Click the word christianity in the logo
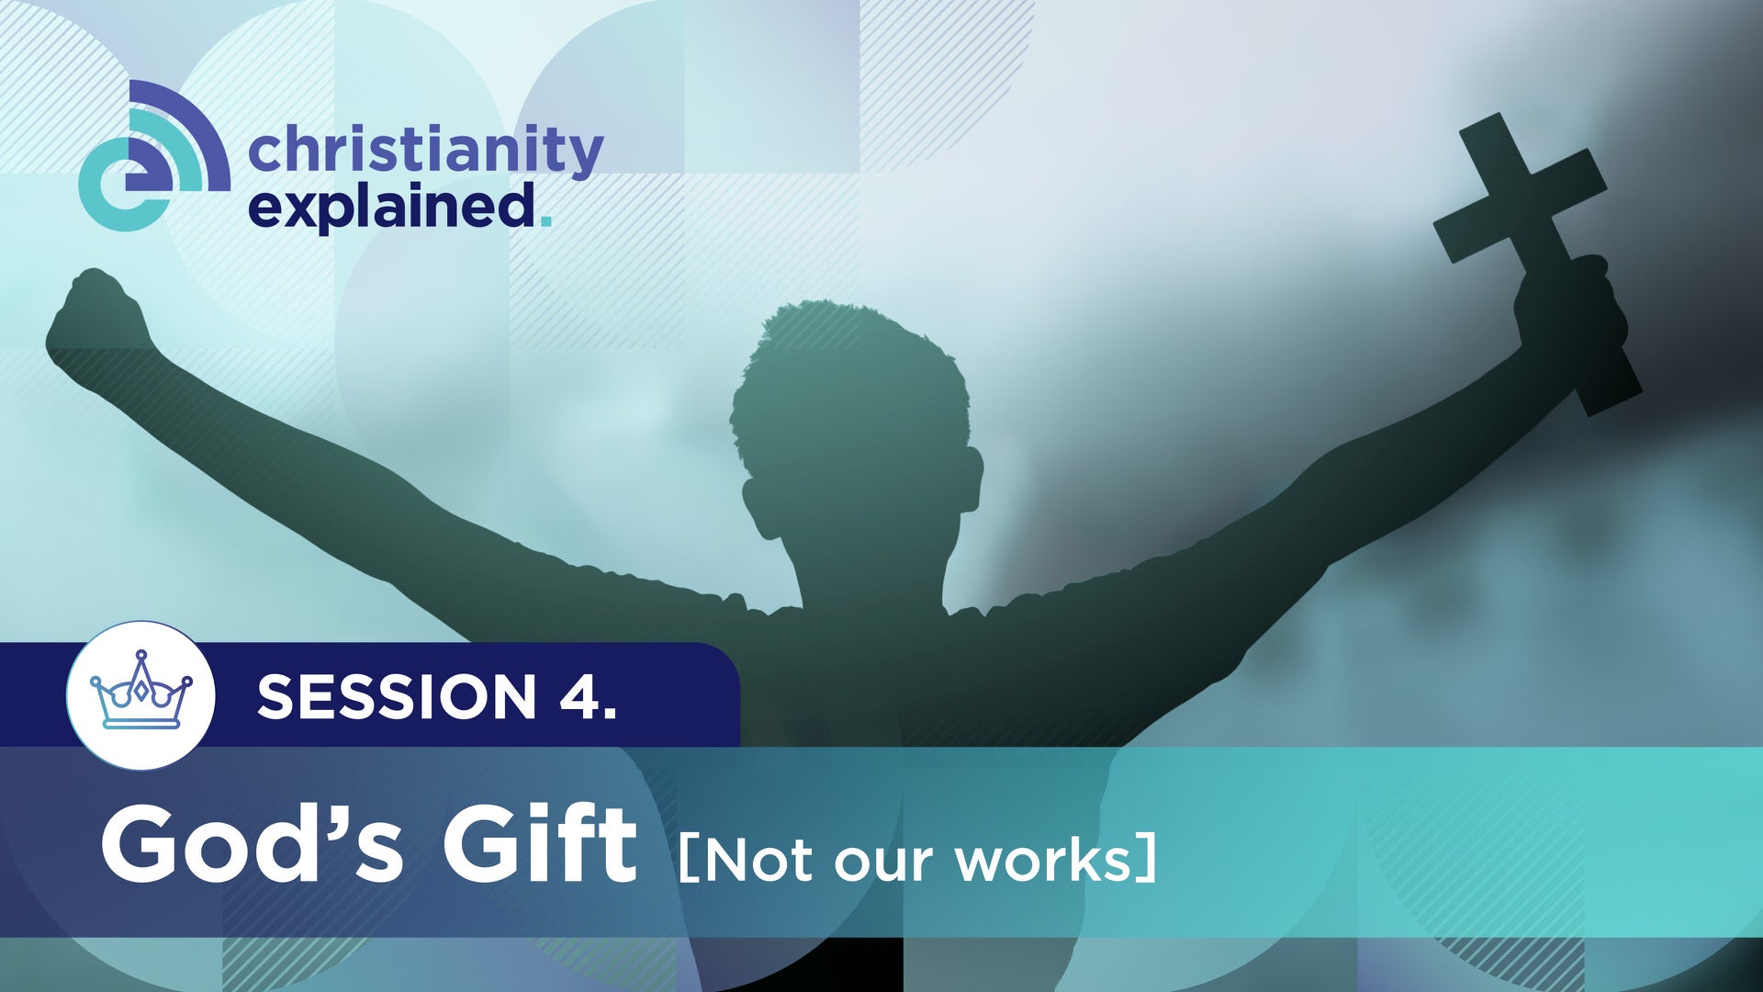pos(425,152)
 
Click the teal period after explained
pos(547,220)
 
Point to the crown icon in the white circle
pos(140,693)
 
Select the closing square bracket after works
pos(1147,861)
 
